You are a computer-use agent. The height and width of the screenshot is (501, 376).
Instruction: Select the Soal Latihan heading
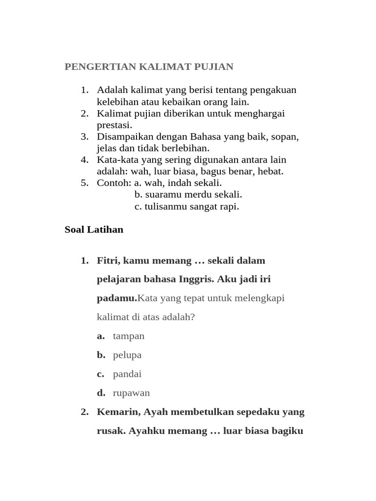(x=94, y=229)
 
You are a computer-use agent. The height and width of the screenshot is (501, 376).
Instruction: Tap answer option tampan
(x=129, y=336)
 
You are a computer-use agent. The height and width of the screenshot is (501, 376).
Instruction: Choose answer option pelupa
(x=127, y=355)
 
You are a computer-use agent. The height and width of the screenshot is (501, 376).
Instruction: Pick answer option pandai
(x=127, y=374)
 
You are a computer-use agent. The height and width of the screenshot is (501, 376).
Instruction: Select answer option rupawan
(x=131, y=393)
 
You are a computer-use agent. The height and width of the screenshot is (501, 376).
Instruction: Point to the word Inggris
(x=194, y=279)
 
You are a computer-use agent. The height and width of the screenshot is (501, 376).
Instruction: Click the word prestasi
(x=114, y=125)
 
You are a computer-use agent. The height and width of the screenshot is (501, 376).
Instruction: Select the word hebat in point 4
(x=271, y=171)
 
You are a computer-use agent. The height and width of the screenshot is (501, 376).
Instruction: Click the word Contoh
(x=114, y=183)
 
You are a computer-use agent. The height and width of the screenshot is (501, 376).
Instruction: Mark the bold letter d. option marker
(x=101, y=393)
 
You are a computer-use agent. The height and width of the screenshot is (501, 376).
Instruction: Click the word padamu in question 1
(x=117, y=298)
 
